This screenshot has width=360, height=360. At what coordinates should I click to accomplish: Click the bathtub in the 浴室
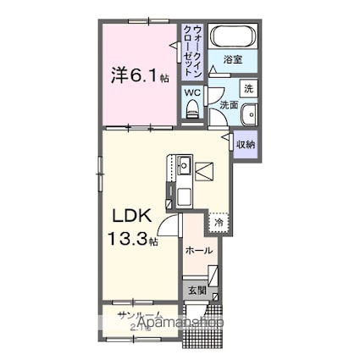[231, 37]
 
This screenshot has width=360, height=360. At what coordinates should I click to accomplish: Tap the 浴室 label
[234, 60]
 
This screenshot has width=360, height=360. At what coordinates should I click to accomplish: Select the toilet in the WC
[191, 108]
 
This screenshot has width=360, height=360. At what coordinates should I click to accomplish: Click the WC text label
[192, 91]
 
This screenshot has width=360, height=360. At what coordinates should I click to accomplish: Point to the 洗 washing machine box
[247, 87]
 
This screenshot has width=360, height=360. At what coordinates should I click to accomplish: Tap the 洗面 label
[229, 105]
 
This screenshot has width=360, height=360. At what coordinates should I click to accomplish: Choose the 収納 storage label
[246, 146]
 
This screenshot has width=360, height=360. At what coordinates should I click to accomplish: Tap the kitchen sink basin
[184, 167]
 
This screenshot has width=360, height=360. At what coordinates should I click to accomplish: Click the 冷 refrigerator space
[219, 222]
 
